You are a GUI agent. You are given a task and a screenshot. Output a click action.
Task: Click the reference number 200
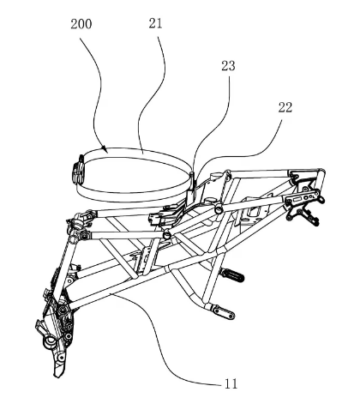click(81, 24)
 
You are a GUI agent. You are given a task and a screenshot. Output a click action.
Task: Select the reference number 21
click(155, 23)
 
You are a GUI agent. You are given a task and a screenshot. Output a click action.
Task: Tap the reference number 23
click(228, 66)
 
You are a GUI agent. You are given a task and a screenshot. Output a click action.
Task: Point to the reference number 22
click(285, 107)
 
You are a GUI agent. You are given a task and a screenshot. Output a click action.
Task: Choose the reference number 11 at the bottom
click(231, 383)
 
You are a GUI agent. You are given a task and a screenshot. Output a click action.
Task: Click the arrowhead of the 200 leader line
click(105, 148)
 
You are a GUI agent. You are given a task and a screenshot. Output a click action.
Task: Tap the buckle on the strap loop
click(78, 170)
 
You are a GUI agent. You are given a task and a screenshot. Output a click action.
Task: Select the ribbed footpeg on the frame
click(234, 274)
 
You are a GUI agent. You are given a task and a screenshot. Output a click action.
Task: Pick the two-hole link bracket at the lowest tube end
click(224, 312)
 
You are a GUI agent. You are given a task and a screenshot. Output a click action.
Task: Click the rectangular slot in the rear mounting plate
click(298, 199)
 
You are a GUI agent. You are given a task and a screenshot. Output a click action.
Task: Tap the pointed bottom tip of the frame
click(56, 376)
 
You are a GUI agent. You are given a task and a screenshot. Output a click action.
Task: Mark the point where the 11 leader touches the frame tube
click(113, 294)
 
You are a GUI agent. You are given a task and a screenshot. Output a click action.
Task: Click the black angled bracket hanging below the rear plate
click(303, 215)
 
